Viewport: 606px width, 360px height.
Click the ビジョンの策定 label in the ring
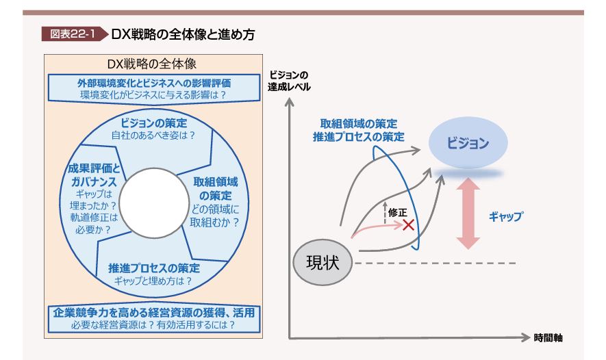[153, 123]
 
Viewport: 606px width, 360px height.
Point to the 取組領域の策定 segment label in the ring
[215, 190]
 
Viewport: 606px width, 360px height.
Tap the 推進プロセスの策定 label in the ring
[154, 267]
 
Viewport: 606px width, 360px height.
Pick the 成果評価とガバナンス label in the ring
[92, 175]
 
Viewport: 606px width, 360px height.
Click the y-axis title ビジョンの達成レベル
[289, 81]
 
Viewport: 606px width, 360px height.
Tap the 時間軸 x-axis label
[548, 337]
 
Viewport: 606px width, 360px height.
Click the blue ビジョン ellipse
[468, 143]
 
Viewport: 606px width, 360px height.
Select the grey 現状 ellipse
[323, 263]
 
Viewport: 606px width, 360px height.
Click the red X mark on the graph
[409, 224]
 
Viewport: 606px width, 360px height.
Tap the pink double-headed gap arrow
[469, 213]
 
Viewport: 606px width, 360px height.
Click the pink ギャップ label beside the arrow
[505, 216]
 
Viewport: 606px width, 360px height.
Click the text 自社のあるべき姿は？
[153, 136]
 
